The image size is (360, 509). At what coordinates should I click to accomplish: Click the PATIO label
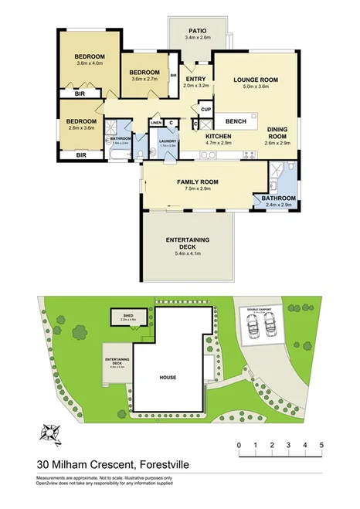tap(198, 29)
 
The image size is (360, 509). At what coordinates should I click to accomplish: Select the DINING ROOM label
tap(277, 132)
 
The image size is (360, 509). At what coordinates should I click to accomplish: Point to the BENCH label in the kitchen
tap(236, 121)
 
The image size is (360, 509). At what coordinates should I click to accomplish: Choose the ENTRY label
tap(195, 78)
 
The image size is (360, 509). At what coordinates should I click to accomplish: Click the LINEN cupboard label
tap(155, 122)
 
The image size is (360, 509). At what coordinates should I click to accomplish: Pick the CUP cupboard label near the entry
tap(205, 110)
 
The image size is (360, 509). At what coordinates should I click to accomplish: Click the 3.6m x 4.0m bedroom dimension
tap(90, 64)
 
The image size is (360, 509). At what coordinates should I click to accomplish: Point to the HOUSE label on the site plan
tap(168, 378)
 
